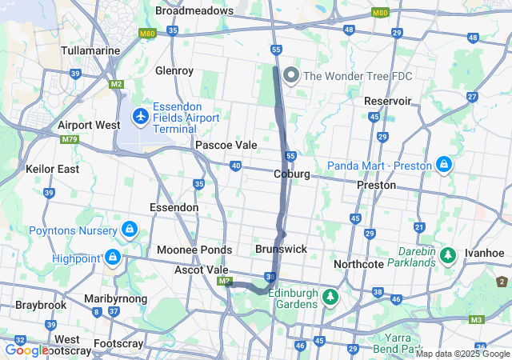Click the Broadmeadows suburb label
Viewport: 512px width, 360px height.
194,11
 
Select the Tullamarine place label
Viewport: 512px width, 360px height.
90,50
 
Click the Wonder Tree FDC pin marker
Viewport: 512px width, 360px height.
290,76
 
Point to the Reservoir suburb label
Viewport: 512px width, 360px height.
387,101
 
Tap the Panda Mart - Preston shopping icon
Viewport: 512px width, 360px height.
444,166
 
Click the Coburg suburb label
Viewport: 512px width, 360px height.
291,174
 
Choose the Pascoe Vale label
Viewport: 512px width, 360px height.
226,146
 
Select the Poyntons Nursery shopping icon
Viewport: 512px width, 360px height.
128,230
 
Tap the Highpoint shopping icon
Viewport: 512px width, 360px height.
113,258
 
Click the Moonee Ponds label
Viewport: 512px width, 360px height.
194,250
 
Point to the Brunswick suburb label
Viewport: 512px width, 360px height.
281,249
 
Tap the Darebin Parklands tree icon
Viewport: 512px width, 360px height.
449,255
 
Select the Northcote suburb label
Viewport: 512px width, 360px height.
359,264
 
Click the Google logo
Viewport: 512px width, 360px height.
26,350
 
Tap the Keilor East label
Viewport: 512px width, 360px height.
52,169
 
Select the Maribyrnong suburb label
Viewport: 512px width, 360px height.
115,298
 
